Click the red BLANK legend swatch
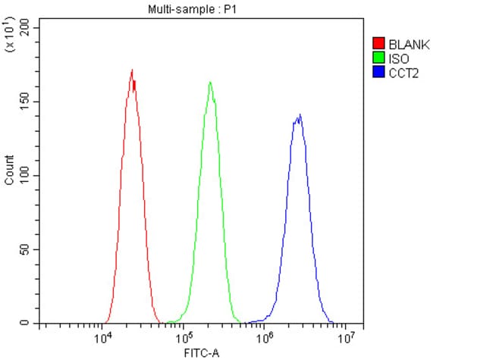point(378,44)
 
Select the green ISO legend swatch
point(378,58)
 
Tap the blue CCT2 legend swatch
point(378,72)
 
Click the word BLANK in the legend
point(409,44)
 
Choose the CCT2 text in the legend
point(403,72)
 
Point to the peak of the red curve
point(132,70)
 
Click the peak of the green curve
point(210,82)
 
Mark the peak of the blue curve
point(300,115)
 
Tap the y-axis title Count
point(9,170)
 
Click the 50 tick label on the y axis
point(25,249)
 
